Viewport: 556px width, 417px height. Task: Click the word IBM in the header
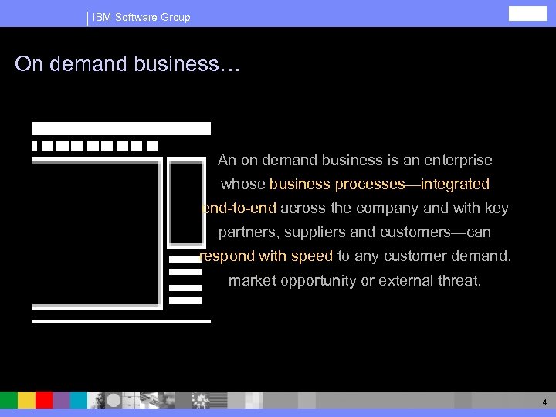[101, 17]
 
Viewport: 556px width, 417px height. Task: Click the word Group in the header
[175, 17]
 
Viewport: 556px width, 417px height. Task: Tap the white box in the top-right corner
[527, 13]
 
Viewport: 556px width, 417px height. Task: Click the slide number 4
[544, 402]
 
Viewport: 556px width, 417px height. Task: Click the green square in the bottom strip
[8, 400]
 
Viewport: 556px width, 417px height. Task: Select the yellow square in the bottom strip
[26, 400]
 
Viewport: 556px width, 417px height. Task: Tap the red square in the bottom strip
[44, 400]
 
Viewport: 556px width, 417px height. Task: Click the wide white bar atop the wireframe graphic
[121, 128]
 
